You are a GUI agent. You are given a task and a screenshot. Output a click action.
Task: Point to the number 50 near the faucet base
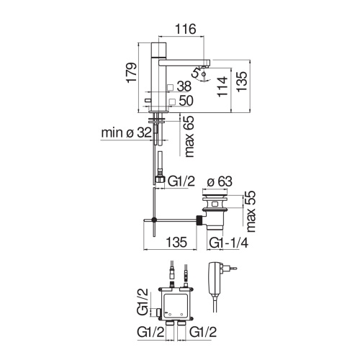tap(184, 100)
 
